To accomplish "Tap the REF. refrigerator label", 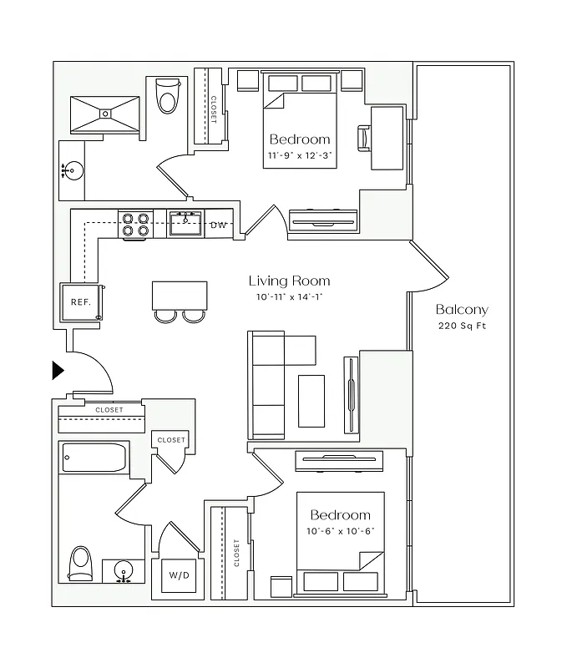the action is pyautogui.click(x=80, y=302).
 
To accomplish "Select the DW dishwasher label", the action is pyautogui.click(x=218, y=225).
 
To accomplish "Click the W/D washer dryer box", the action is pyautogui.click(x=178, y=575).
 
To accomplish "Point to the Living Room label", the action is pyautogui.click(x=289, y=281).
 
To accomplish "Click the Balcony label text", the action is pyautogui.click(x=462, y=310).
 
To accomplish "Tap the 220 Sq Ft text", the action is pyautogui.click(x=462, y=326).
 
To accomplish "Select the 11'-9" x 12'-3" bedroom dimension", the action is pyautogui.click(x=300, y=155).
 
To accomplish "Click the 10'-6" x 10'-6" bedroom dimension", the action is pyautogui.click(x=340, y=531).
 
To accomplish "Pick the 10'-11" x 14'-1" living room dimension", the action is pyautogui.click(x=289, y=297).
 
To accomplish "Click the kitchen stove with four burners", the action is pyautogui.click(x=135, y=224).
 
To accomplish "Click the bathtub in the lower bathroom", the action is pyautogui.click(x=94, y=458).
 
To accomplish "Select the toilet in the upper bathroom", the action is pyautogui.click(x=168, y=98).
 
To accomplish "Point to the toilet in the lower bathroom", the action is pyautogui.click(x=80, y=564).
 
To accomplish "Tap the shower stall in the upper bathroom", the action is pyautogui.click(x=105, y=114).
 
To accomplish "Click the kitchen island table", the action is pyautogui.click(x=180, y=295).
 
